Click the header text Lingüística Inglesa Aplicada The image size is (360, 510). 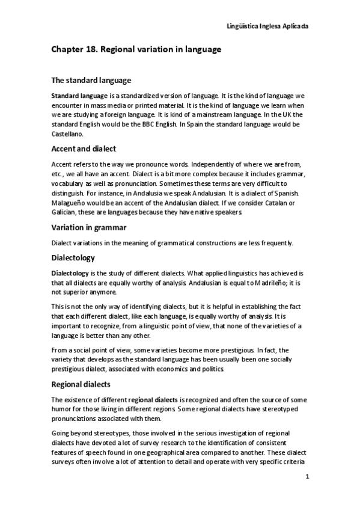(267, 26)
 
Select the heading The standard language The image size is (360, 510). (91, 80)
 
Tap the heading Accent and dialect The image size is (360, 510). (84, 149)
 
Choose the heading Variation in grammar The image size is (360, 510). (88, 228)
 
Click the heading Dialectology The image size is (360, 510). (73, 257)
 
